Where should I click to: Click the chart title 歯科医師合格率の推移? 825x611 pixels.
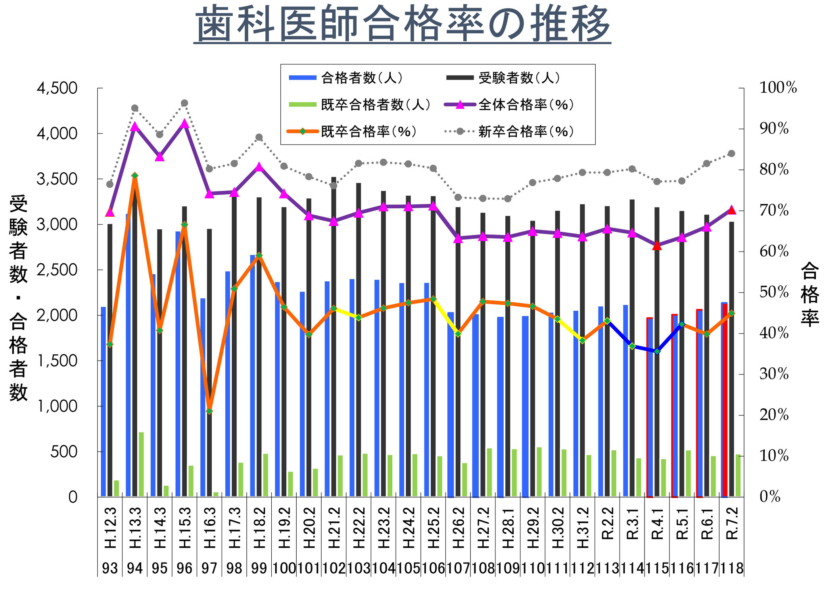(402, 24)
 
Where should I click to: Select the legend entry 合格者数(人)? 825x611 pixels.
(361, 78)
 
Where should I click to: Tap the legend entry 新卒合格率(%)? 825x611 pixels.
(526, 131)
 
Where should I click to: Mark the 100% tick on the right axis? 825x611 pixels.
(778, 88)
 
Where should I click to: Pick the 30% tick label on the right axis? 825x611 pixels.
(774, 374)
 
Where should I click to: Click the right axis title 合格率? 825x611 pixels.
(810, 294)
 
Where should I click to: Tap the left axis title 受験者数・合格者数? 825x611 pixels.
(18, 298)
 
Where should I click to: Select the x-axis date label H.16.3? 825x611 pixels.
(209, 528)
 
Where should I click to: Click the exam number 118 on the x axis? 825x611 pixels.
(732, 568)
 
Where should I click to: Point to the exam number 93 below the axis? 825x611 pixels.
(110, 568)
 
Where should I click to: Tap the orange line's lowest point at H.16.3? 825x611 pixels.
(209, 411)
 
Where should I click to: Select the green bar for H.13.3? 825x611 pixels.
(141, 464)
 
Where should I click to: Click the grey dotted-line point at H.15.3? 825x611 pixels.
(184, 103)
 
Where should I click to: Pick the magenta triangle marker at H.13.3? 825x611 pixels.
(135, 127)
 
